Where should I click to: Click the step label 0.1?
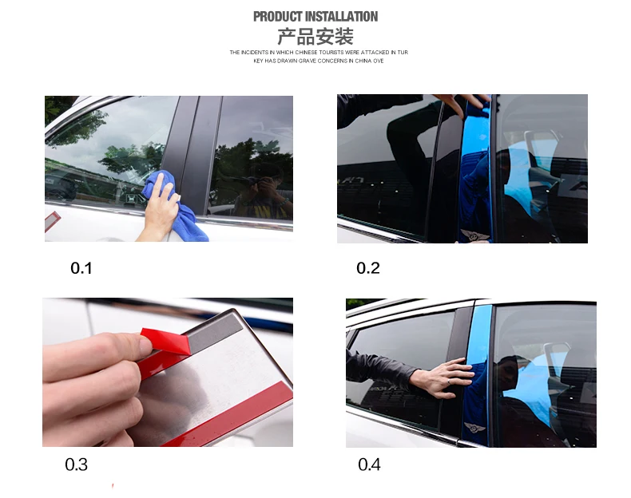[81, 268]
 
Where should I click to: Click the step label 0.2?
[367, 268]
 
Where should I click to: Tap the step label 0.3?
[76, 464]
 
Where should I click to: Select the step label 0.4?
[369, 464]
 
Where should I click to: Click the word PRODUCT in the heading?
[278, 17]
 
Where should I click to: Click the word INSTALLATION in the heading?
[342, 17]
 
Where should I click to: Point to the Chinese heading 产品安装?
[315, 37]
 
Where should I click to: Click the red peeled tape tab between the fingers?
[165, 341]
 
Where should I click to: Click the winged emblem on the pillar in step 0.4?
[474, 428]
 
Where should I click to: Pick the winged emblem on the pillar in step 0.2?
[475, 235]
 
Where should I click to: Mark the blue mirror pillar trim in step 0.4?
[480, 373]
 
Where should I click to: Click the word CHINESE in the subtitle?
[307, 52]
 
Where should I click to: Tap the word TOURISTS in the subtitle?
[331, 52]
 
